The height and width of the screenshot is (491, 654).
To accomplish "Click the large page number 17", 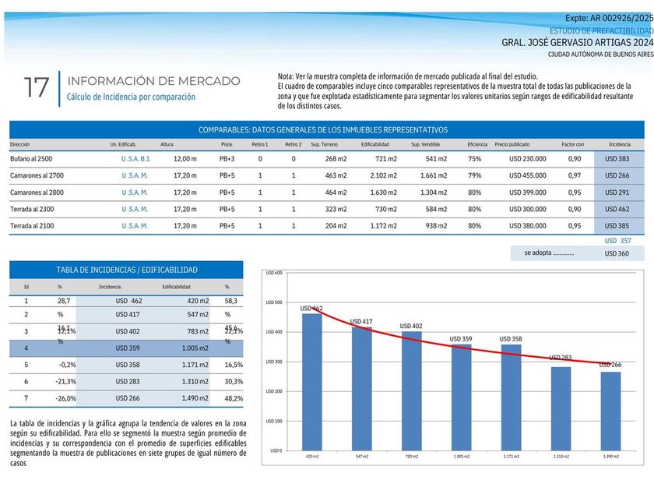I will pos(36,87).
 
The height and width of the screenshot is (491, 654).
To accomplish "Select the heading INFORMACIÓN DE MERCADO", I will pos(154,81).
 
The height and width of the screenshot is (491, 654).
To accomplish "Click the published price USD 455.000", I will pos(527,175).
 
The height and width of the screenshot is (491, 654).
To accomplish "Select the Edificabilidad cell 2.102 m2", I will pos(382,175).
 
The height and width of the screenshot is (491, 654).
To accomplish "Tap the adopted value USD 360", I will pos(617,253).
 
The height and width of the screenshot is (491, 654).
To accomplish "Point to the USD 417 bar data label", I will pos(361,322).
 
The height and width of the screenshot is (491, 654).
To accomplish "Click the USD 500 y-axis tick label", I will pos(274,302).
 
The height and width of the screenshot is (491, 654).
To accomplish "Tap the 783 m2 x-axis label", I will pos(411,456).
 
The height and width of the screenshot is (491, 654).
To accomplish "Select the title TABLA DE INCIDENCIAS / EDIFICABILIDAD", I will pos(127,270).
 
